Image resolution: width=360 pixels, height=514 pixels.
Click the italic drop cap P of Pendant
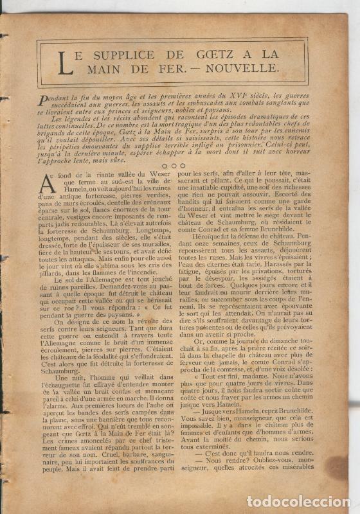point(42,97)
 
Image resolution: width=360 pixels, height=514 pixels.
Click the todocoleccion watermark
point(302,502)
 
